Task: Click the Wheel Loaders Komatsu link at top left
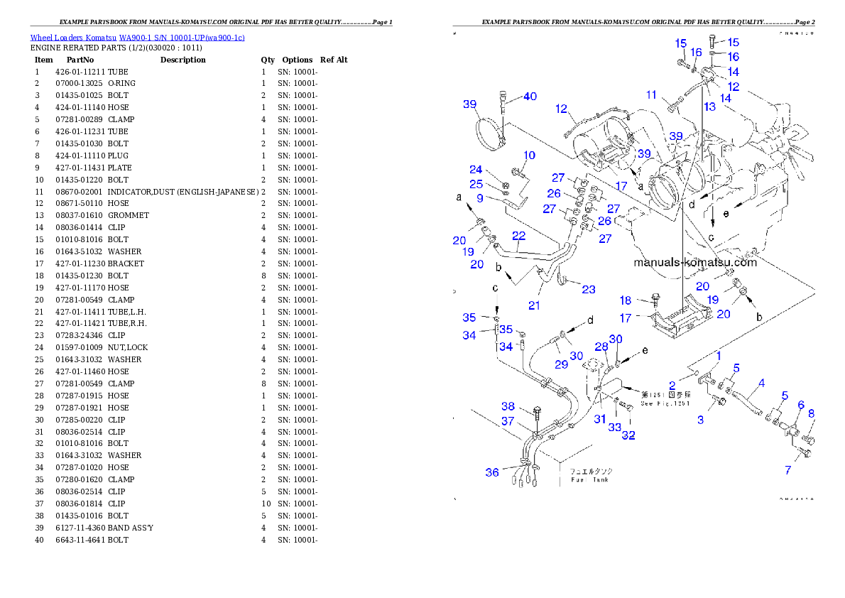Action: (137, 38)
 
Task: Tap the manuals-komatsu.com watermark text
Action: (695, 262)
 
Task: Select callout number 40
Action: (530, 97)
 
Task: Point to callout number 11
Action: (652, 94)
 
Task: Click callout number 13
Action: (710, 106)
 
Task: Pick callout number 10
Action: (530, 155)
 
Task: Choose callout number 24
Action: (476, 170)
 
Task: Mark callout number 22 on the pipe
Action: (519, 235)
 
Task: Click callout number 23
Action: (588, 289)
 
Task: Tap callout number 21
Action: (534, 305)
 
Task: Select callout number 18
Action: (626, 301)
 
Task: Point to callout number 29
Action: (561, 364)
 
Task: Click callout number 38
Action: (508, 406)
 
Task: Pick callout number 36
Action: (492, 472)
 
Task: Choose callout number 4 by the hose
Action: (761, 384)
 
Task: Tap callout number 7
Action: (787, 470)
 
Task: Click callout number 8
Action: (811, 413)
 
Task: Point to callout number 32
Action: (628, 435)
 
